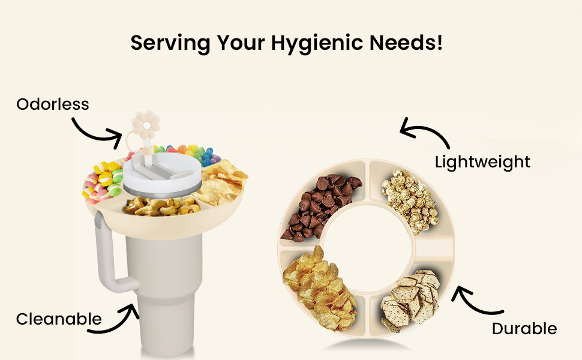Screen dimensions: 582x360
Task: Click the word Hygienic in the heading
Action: point(317,43)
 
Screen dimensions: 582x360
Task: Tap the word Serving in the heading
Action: point(170,43)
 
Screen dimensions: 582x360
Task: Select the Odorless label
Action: point(53,104)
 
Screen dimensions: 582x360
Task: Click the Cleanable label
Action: point(59,319)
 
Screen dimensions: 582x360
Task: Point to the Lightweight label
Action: point(482,162)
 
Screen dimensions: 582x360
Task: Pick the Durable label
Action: point(524,329)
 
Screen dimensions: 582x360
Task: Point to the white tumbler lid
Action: point(162,173)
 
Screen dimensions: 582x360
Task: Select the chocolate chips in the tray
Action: point(319,206)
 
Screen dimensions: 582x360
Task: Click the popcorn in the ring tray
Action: point(411,200)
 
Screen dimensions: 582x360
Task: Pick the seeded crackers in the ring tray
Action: point(410,300)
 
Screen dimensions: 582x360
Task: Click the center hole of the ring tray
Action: point(367,247)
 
